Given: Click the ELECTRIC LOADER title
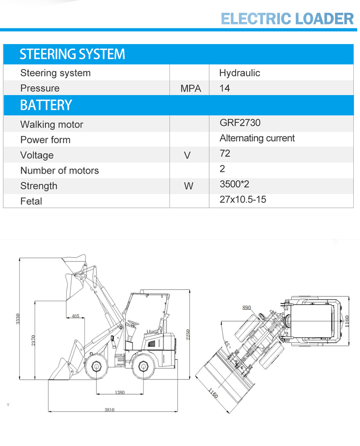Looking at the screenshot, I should [287, 18].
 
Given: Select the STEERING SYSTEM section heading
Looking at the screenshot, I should [72, 55].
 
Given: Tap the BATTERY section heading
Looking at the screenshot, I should [46, 105].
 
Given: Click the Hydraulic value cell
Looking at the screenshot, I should [240, 73].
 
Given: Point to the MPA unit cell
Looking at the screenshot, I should [190, 89].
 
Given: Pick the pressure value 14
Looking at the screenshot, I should [225, 88].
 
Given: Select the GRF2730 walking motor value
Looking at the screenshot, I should [240, 123].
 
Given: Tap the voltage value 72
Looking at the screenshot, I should [225, 153].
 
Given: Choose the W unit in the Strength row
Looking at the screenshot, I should [189, 186].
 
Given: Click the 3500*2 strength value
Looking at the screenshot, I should [234, 184].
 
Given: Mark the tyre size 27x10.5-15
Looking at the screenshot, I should [243, 200].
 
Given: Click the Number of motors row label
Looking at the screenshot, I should [60, 170].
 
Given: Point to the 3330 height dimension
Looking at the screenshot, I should [18, 318].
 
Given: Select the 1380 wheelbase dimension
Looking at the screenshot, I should [120, 392].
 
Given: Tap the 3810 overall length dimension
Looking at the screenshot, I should [110, 410].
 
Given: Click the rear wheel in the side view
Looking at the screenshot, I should [143, 367].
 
